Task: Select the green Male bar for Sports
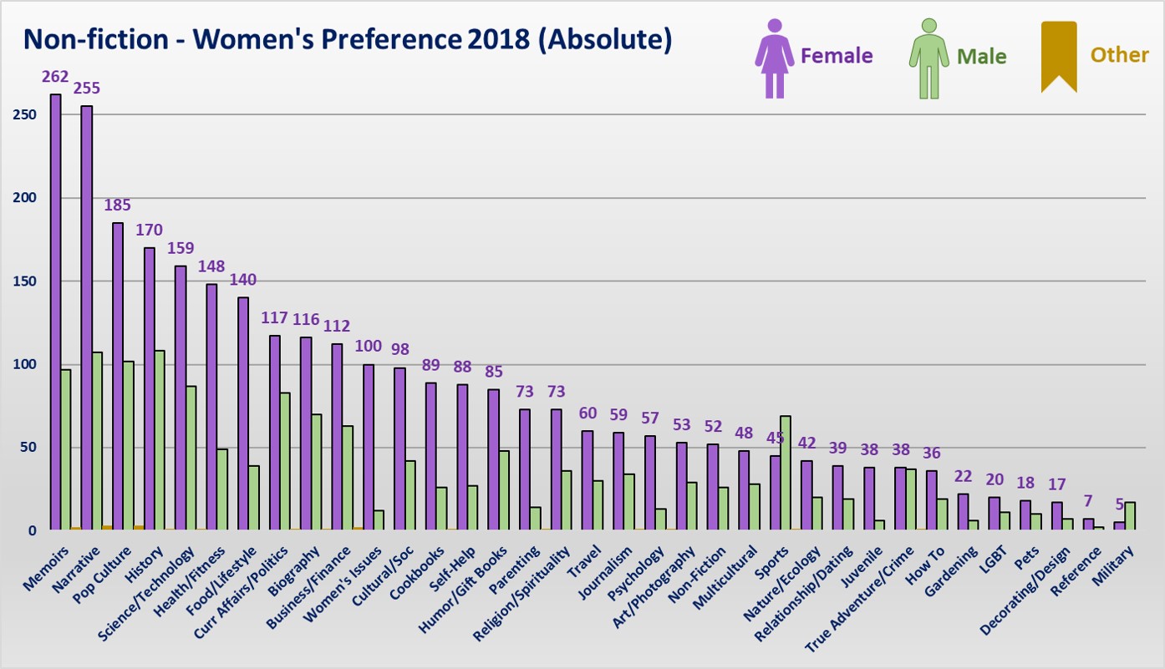(x=785, y=472)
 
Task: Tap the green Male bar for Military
(x=1130, y=515)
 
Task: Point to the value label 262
(x=56, y=77)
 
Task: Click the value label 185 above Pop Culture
(x=118, y=205)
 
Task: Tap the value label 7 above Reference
(x=1087, y=500)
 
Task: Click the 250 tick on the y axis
(x=25, y=114)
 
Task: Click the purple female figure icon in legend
(x=775, y=58)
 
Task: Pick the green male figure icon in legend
(x=928, y=58)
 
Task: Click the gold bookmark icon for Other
(x=1059, y=57)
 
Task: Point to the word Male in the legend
(x=981, y=57)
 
